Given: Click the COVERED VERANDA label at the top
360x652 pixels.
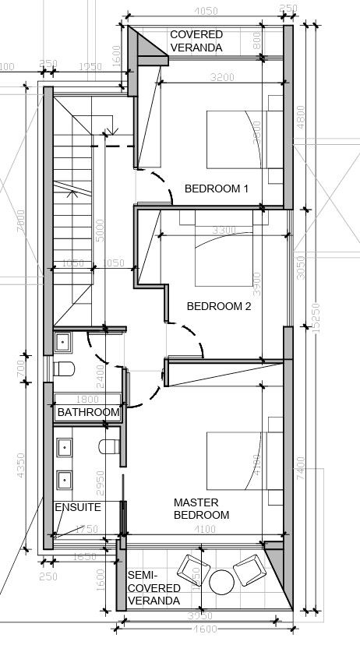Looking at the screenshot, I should tap(196, 41).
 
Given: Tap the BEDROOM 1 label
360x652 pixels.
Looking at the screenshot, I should tap(216, 189).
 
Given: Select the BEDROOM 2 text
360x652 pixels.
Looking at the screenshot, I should tap(219, 306).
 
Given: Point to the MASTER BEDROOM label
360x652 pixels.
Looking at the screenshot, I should tap(201, 509).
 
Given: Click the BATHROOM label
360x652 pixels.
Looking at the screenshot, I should tap(89, 412).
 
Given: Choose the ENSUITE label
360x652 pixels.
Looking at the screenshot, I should tap(77, 507).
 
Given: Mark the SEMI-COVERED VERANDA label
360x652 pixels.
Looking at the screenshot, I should tap(154, 587).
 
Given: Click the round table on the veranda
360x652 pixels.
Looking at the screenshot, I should tap(222, 581).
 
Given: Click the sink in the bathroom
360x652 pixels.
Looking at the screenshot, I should tap(62, 340).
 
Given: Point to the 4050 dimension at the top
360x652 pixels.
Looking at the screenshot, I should tap(204, 11).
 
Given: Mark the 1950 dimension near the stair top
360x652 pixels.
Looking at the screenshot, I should tap(91, 67).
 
